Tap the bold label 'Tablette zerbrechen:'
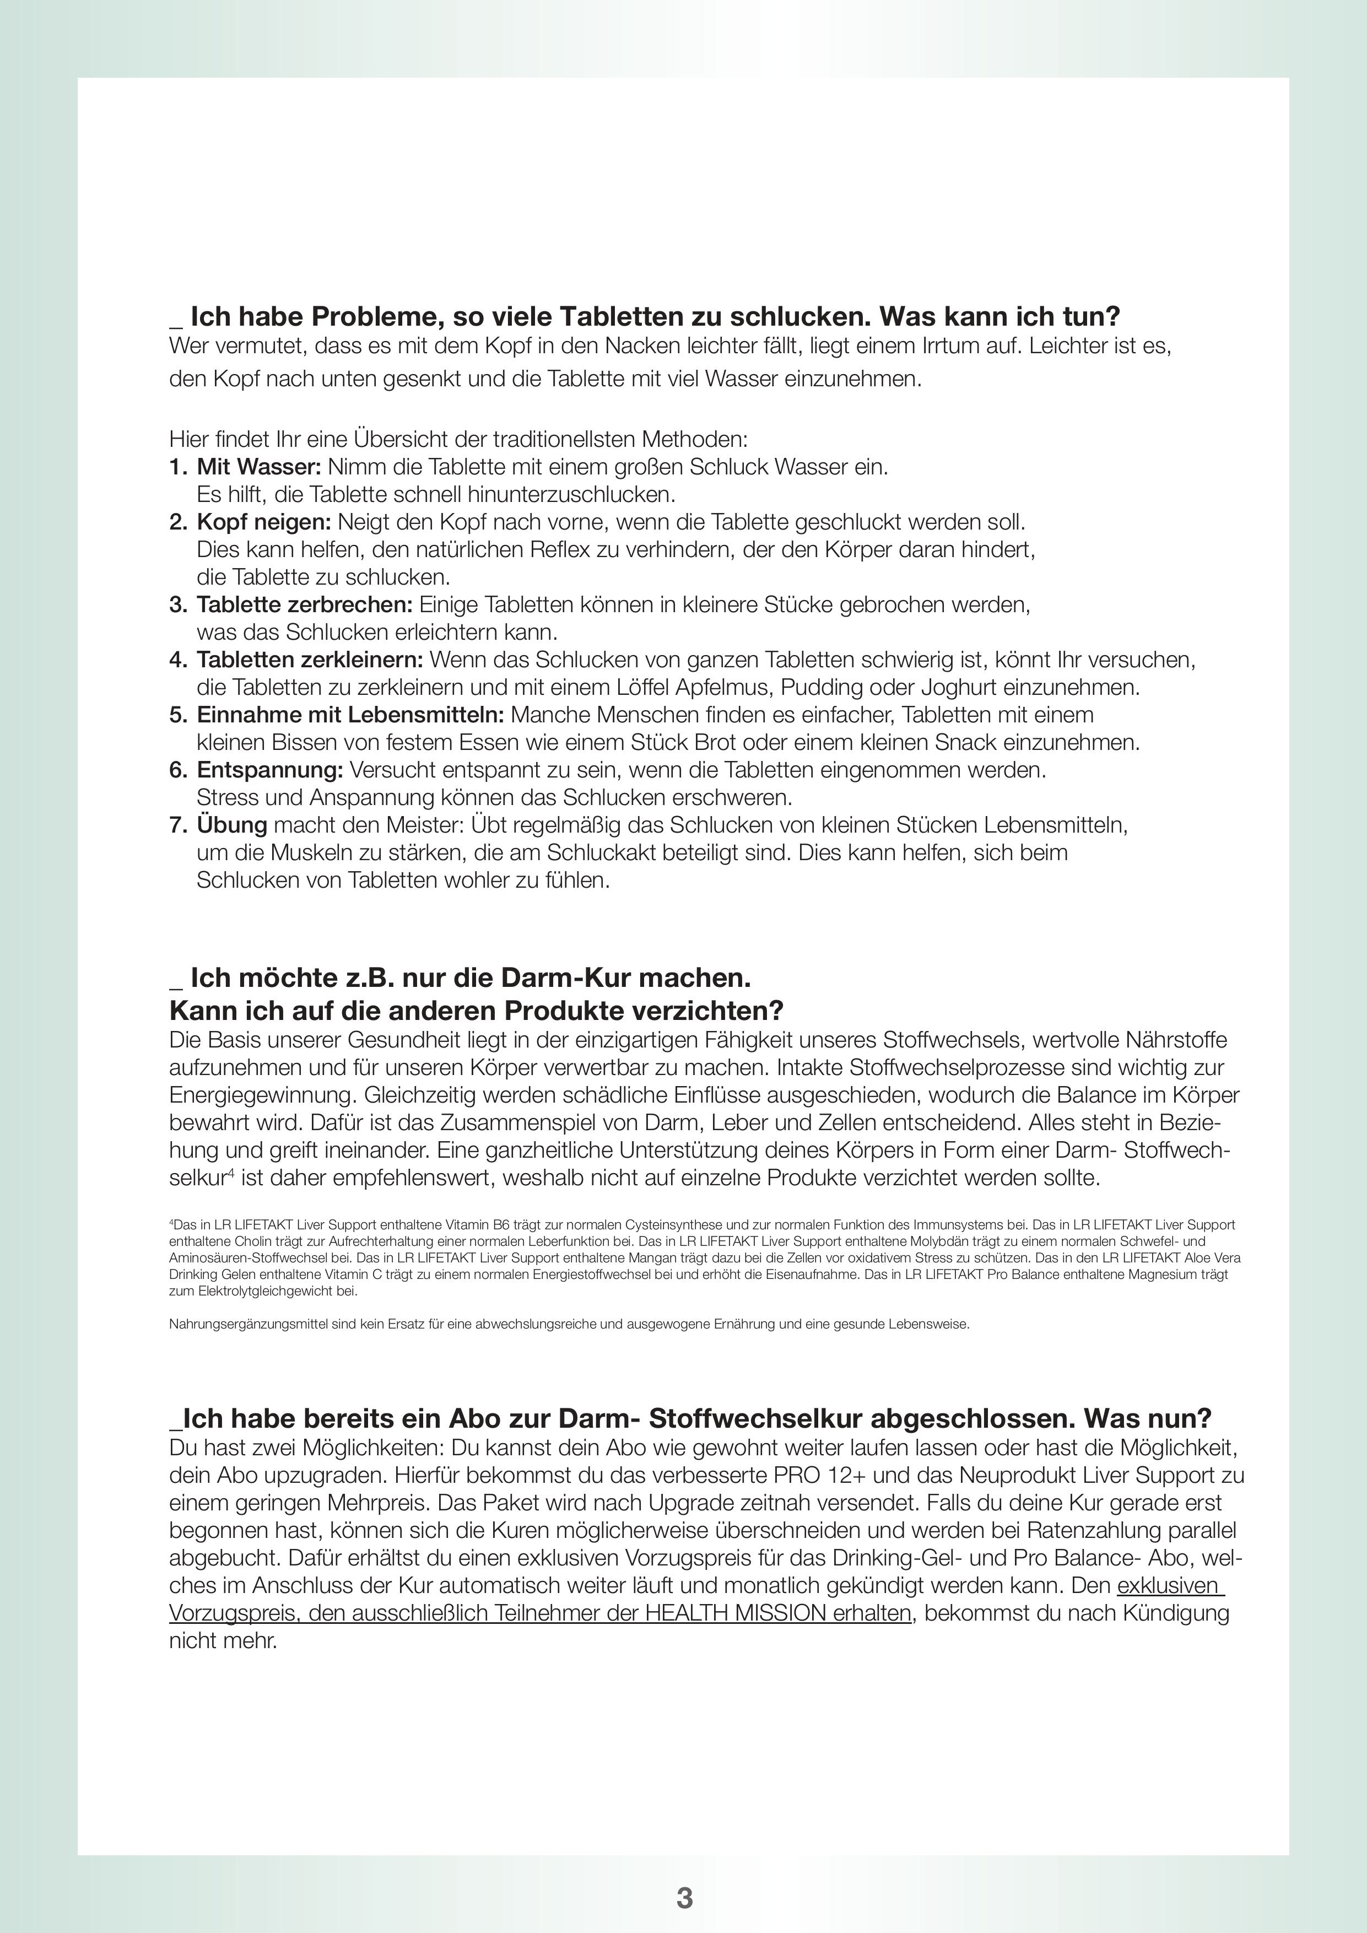(x=305, y=604)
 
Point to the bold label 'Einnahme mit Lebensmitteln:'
(x=350, y=715)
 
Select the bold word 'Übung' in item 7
(x=231, y=825)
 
